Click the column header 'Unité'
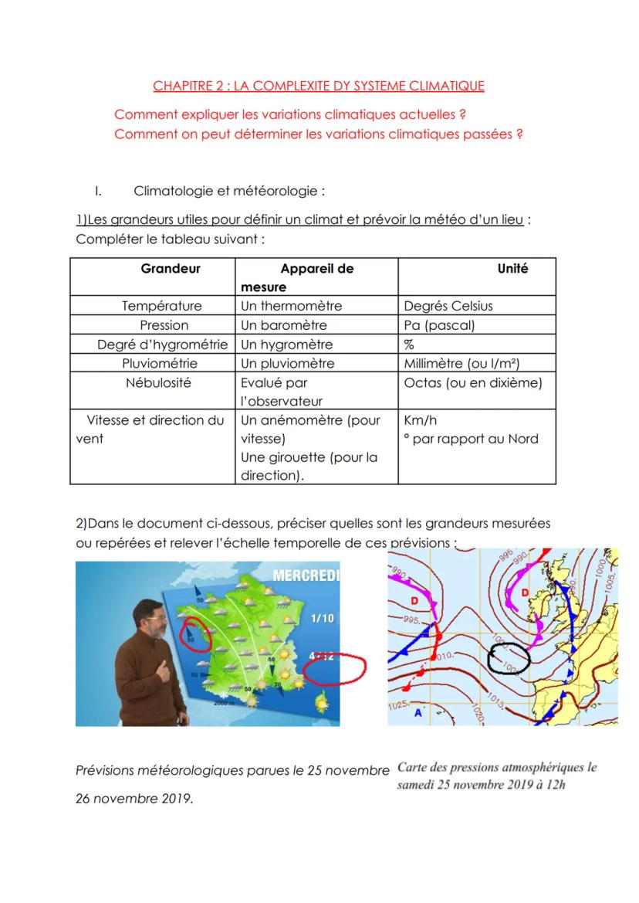click(x=512, y=269)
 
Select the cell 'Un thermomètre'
click(x=291, y=306)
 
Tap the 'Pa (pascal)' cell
click(x=439, y=325)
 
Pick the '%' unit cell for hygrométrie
click(x=409, y=345)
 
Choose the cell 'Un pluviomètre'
click(x=288, y=363)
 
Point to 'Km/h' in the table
click(x=420, y=420)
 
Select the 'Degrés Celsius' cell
click(x=448, y=306)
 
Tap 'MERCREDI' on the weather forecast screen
click(x=306, y=577)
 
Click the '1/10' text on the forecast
click(x=323, y=618)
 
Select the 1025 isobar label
click(x=397, y=704)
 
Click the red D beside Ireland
click(x=524, y=592)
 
